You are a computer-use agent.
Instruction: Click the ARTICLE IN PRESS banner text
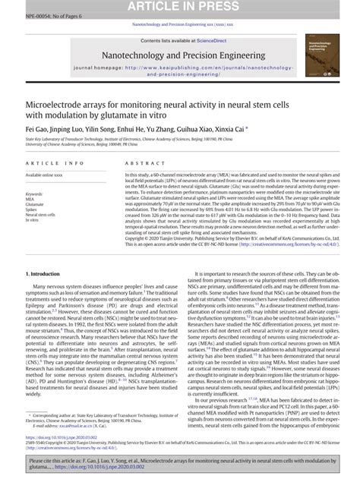[x=179, y=6]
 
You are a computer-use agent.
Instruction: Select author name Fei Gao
[x=36, y=129]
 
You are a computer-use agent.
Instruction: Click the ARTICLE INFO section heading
[x=55, y=163]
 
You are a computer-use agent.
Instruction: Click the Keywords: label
[x=35, y=194]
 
